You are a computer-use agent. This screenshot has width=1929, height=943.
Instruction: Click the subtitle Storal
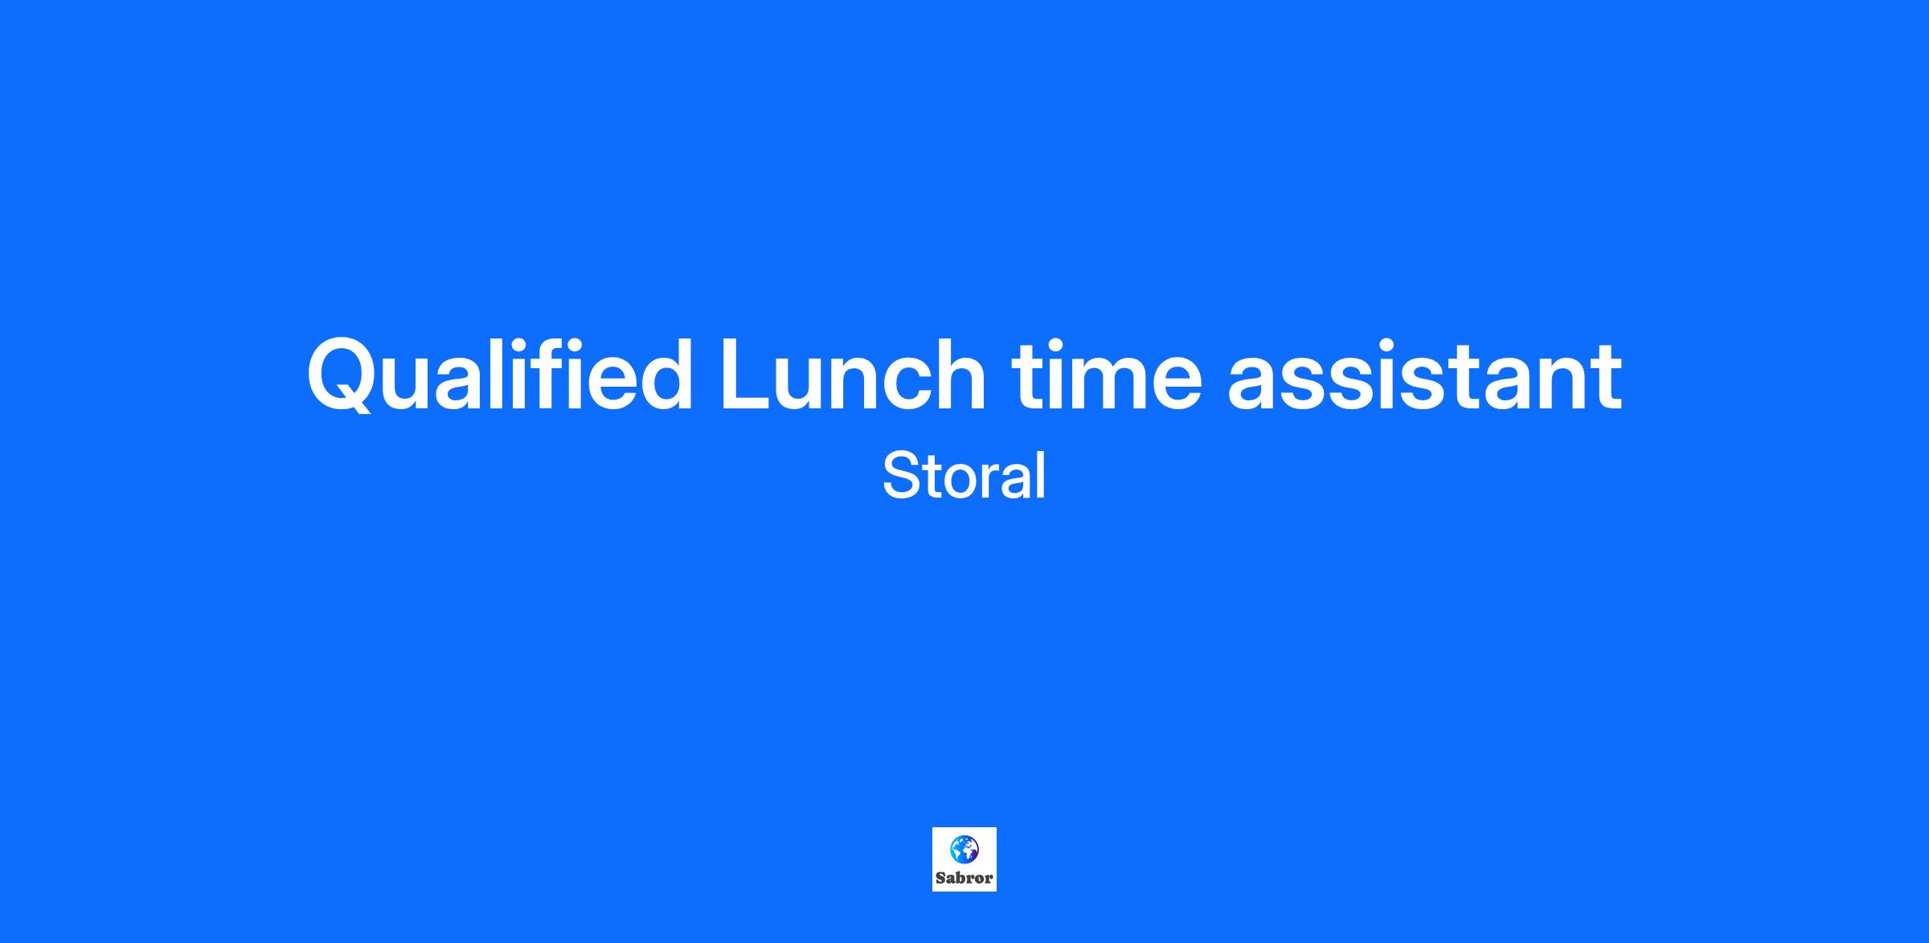click(964, 476)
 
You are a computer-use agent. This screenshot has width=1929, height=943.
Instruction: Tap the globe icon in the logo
click(964, 849)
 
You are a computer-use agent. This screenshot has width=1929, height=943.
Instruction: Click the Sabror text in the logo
click(964, 878)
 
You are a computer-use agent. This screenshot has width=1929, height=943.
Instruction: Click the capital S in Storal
click(901, 476)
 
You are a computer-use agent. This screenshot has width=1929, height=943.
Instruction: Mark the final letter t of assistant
click(1607, 378)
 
